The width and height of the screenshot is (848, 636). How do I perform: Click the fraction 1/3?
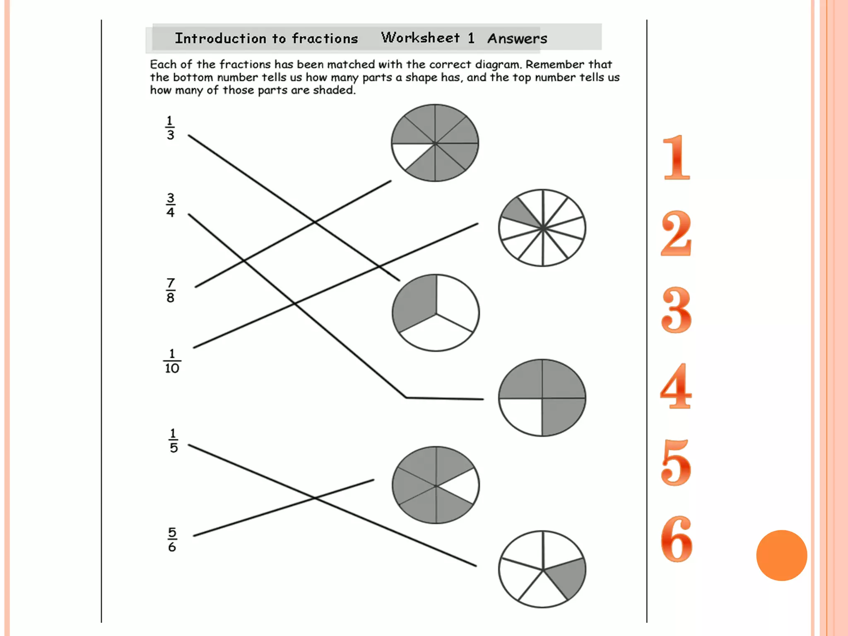click(x=170, y=128)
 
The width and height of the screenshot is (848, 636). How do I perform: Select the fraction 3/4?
click(x=170, y=205)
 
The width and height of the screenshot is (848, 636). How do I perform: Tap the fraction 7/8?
click(x=170, y=291)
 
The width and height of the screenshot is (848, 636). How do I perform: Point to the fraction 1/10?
click(x=172, y=361)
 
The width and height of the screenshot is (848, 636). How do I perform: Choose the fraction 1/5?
click(x=173, y=441)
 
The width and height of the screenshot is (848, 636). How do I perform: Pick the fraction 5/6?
click(x=172, y=540)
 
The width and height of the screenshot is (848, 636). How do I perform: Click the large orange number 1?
click(x=676, y=158)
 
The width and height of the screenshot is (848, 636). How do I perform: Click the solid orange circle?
click(x=781, y=555)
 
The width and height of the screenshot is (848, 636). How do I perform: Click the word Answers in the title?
click(x=517, y=39)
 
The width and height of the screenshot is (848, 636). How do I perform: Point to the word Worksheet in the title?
click(x=420, y=38)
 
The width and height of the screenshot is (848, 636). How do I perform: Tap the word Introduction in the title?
click(x=220, y=39)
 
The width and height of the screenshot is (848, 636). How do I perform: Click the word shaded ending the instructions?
click(x=334, y=90)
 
